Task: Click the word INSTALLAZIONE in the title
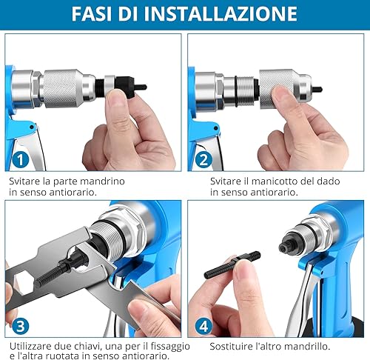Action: pos(221,13)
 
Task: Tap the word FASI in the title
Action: pos(92,13)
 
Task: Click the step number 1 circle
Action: pos(21,160)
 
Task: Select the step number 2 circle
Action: pos(203,160)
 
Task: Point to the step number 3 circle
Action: pos(21,326)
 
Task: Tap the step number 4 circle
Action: pos(203,326)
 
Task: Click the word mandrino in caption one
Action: pos(102,181)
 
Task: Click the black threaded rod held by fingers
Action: pos(232,265)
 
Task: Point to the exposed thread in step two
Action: pos(245,91)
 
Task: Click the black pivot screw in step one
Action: pos(32,127)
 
